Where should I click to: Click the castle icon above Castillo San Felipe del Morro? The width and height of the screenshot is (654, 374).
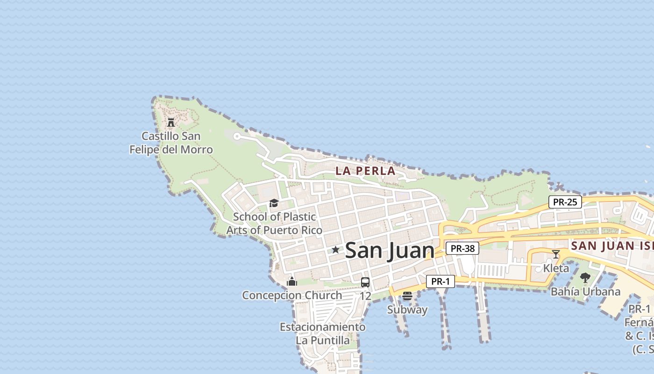(171, 122)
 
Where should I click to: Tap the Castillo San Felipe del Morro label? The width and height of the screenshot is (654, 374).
(171, 143)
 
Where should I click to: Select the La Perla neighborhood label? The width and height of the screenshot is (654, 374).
(365, 171)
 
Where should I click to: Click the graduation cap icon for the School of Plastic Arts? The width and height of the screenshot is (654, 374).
(274, 203)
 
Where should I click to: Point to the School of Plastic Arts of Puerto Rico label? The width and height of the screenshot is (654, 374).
(274, 223)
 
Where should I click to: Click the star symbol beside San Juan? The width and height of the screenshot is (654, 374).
(335, 250)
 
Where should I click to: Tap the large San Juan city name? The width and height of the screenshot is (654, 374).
(390, 251)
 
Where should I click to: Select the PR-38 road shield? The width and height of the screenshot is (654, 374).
(462, 249)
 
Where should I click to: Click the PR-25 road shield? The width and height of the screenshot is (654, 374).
(565, 202)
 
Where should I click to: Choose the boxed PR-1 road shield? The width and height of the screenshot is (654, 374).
(440, 281)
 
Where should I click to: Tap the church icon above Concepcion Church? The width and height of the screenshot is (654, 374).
(292, 281)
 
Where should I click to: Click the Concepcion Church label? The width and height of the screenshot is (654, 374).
(292, 295)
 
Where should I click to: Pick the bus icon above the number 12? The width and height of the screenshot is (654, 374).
(365, 282)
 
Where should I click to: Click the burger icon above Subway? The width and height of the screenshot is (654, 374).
(407, 296)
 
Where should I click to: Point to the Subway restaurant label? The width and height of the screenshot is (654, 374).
(407, 309)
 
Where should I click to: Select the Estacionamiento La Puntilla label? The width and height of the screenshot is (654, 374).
(322, 333)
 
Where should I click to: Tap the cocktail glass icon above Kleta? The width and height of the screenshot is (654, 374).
(556, 254)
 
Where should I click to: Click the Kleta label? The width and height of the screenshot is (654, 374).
(556, 268)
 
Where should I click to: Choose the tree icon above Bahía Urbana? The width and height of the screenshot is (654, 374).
(585, 278)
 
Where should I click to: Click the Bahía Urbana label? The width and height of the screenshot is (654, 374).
(585, 292)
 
